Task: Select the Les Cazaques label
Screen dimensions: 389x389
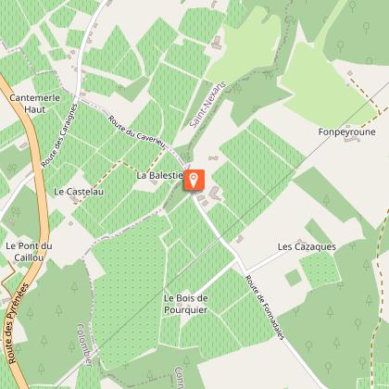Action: pos(307,247)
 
